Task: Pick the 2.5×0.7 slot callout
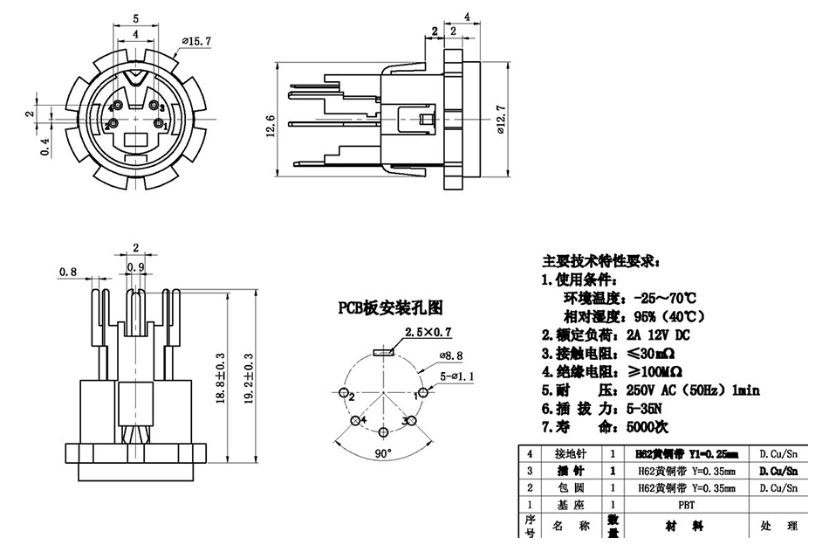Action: tap(428, 332)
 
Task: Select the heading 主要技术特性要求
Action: tap(601, 261)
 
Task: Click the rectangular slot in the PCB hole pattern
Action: tap(382, 351)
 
